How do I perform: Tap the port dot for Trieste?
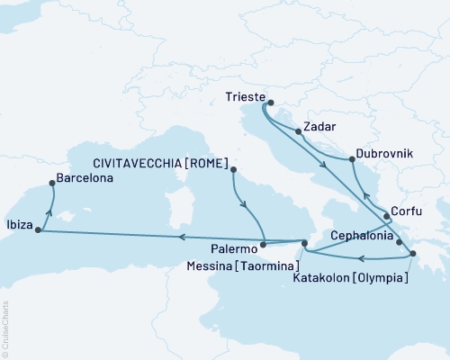point(270,103)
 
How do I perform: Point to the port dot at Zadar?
point(298,131)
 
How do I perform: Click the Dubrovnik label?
point(384,154)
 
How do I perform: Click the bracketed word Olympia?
point(382,277)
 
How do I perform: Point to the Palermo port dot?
point(263,243)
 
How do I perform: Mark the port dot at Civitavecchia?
point(232,168)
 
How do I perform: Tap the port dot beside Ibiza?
point(38,229)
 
